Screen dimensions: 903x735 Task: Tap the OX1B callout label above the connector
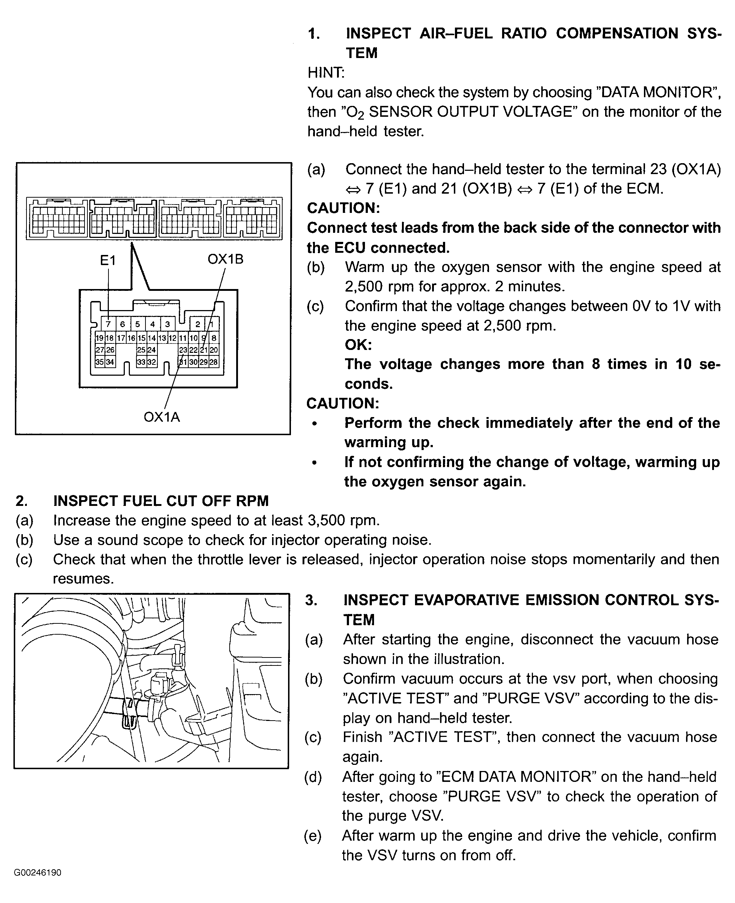pyautogui.click(x=225, y=259)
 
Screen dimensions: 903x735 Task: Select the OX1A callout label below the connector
pyautogui.click(x=162, y=417)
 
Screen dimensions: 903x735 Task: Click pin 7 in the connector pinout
pyautogui.click(x=108, y=324)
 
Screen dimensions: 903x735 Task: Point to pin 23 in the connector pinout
pyautogui.click(x=183, y=350)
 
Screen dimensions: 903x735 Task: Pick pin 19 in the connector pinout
pyautogui.click(x=99, y=338)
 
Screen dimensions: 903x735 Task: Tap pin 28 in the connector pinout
pyautogui.click(x=214, y=362)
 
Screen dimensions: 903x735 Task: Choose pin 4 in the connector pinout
pyautogui.click(x=152, y=324)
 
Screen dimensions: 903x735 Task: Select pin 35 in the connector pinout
pyautogui.click(x=99, y=362)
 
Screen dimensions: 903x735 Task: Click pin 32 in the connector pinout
pyautogui.click(x=152, y=362)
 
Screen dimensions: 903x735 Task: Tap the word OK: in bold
pyautogui.click(x=358, y=345)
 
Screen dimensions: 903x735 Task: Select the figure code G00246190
pyautogui.click(x=38, y=873)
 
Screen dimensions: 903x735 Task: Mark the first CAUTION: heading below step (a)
pyautogui.click(x=343, y=208)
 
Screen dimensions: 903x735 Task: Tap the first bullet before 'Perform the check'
pyautogui.click(x=314, y=424)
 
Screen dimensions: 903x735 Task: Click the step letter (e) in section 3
pyautogui.click(x=312, y=835)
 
